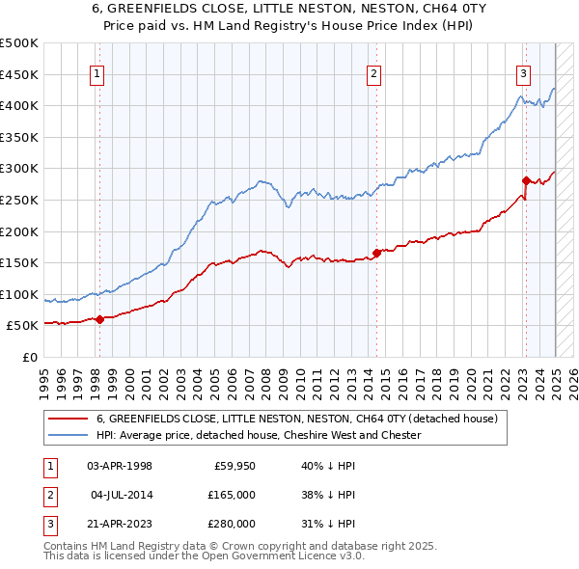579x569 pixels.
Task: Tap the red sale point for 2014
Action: pos(376,254)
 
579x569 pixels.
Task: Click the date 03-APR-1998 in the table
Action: pos(120,466)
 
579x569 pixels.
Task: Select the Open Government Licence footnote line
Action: pos(204,556)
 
